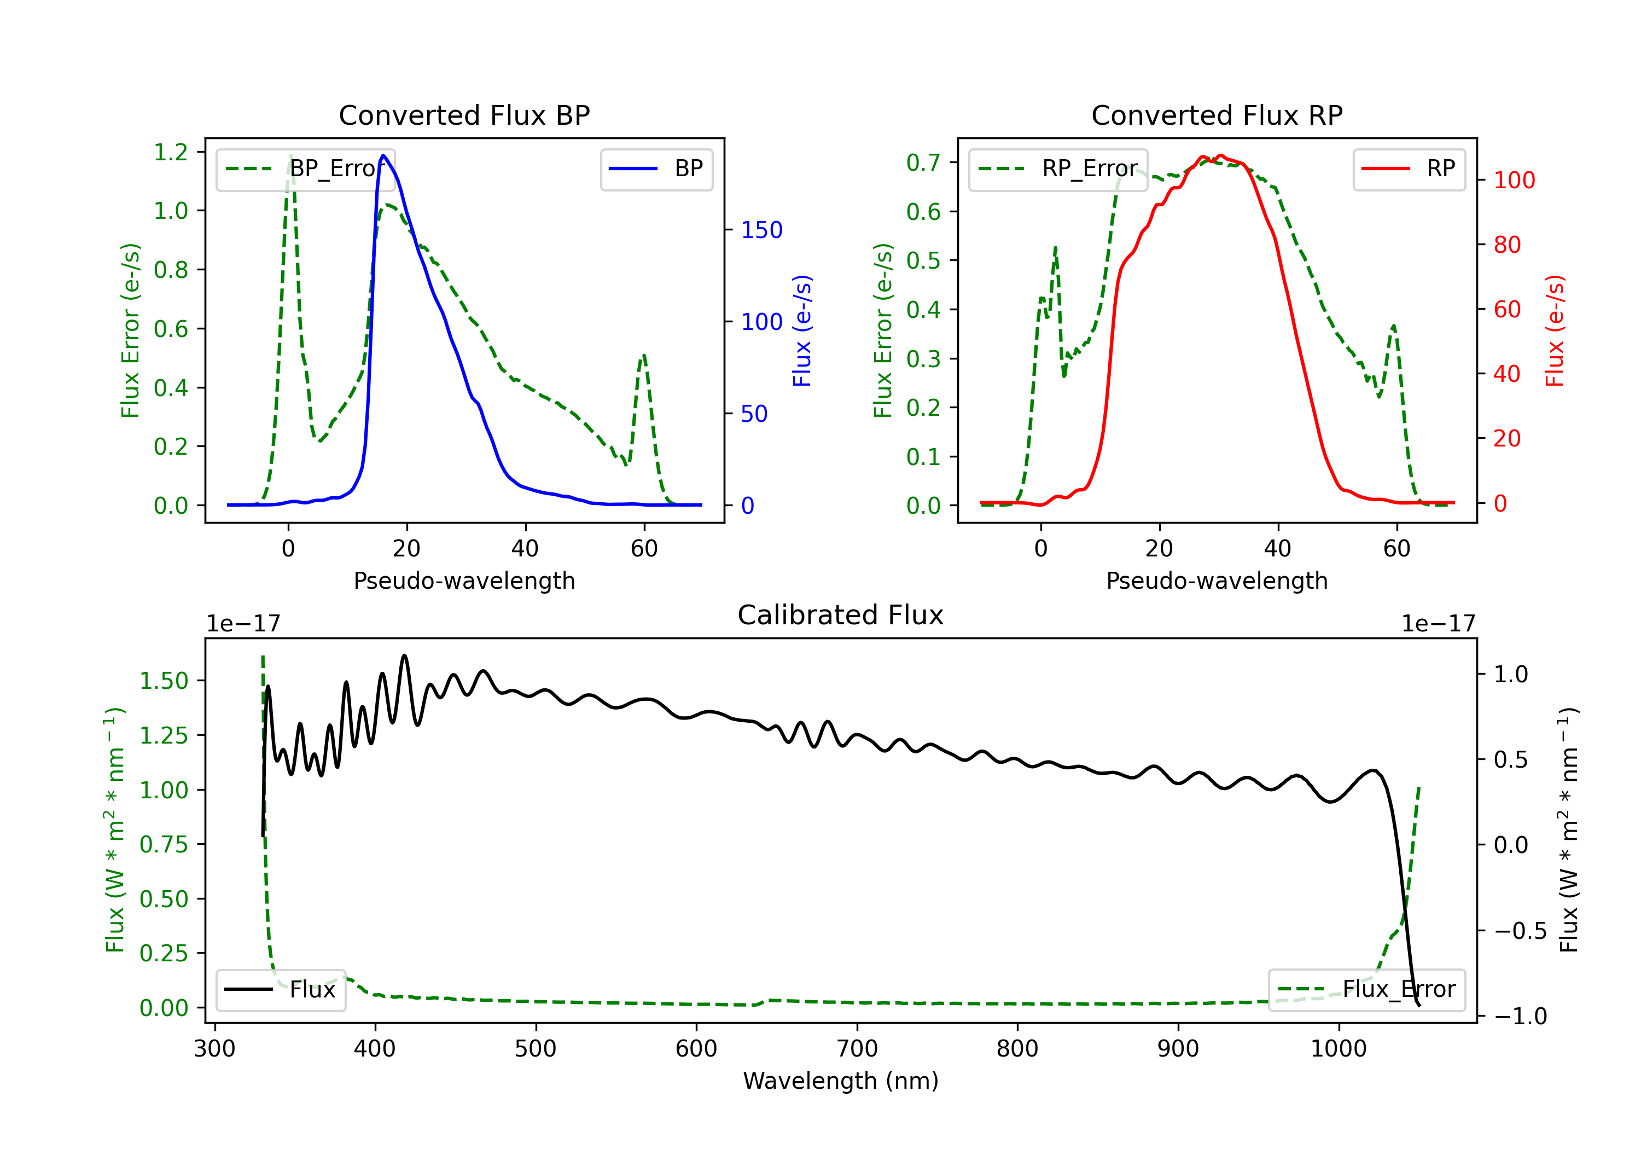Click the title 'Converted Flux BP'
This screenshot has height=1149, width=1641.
click(464, 115)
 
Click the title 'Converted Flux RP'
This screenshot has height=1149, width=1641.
click(1217, 115)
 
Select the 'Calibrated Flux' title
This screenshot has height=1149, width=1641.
click(841, 615)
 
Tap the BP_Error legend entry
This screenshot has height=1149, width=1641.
click(306, 169)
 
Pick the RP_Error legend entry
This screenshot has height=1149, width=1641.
click(1058, 169)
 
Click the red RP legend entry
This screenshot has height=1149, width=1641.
click(1408, 169)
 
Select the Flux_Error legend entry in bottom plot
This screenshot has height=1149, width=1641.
click(1366, 990)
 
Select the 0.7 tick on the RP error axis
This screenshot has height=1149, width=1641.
click(923, 163)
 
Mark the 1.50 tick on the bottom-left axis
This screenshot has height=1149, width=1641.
click(164, 681)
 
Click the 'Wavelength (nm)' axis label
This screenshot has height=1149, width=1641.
click(841, 1081)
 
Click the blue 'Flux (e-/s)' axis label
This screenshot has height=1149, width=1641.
click(802, 330)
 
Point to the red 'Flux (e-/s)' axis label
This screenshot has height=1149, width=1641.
click(1555, 330)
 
